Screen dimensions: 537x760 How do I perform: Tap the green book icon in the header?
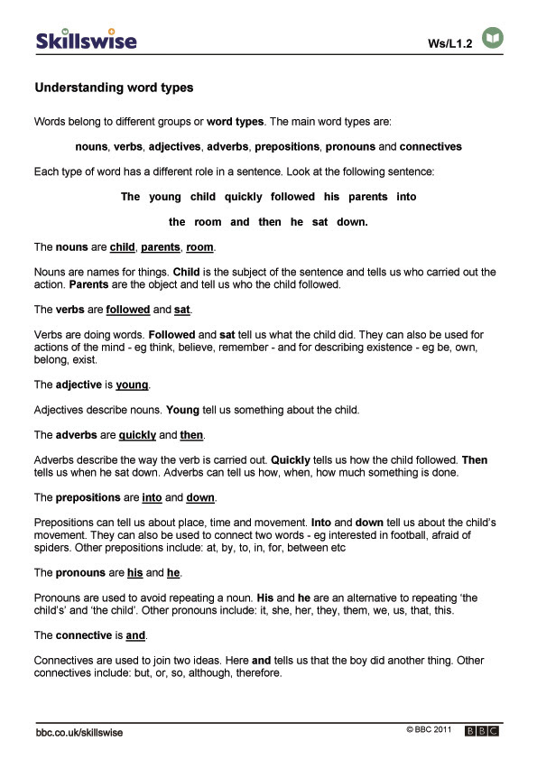click(493, 38)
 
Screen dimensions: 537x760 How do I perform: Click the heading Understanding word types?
click(114, 88)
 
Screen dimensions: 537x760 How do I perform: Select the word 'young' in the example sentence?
click(165, 197)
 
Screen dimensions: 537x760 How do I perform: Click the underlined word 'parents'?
click(161, 246)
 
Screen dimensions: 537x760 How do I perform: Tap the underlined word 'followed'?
click(127, 310)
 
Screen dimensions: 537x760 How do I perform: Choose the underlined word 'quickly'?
click(138, 436)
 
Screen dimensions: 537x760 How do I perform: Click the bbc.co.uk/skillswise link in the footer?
click(79, 732)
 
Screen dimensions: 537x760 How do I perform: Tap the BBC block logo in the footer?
click(482, 731)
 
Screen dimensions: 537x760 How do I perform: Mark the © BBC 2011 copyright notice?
click(429, 728)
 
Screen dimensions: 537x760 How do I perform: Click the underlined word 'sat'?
click(182, 310)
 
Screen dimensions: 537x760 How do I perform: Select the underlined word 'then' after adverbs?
click(191, 436)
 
